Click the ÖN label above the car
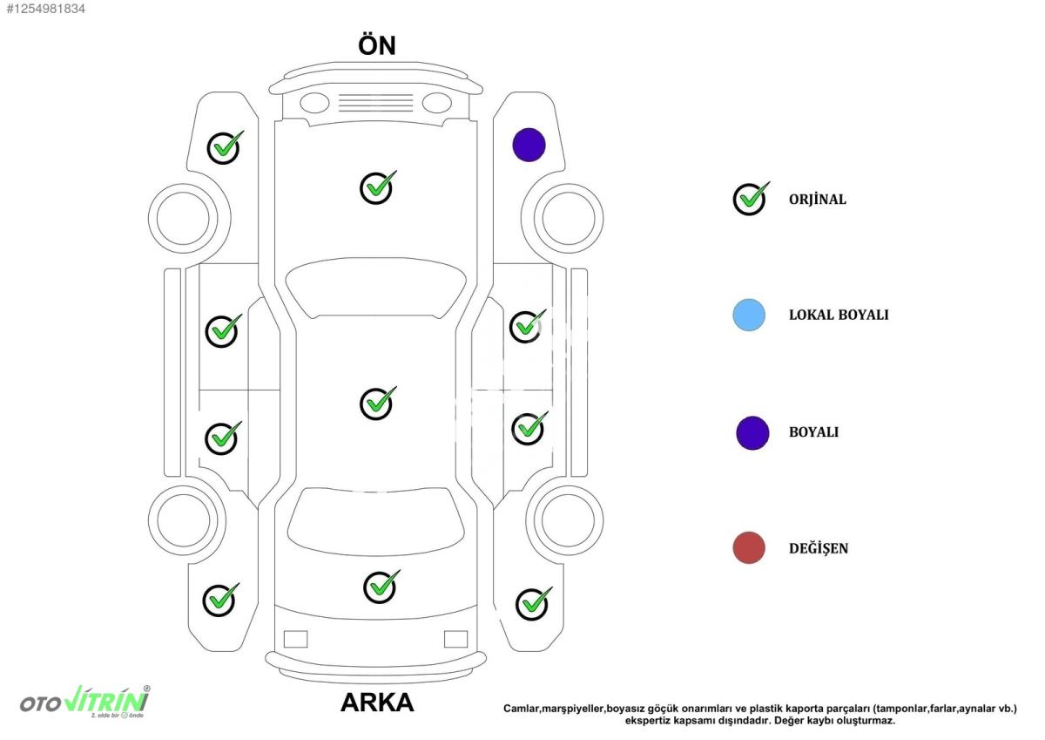point(377,44)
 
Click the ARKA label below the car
point(377,703)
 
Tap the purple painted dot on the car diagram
point(529,145)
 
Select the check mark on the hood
point(377,187)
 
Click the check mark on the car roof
point(377,403)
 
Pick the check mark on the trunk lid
point(381,587)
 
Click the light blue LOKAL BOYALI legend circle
point(749,316)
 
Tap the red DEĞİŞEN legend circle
point(749,547)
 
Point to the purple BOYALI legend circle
point(752,433)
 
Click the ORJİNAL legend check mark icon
point(751,199)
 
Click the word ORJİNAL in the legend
point(818,200)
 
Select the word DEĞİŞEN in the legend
point(819,547)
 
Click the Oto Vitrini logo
point(85,703)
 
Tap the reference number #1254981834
point(45,9)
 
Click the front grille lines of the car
point(375,103)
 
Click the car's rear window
point(375,521)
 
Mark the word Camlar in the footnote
point(521,709)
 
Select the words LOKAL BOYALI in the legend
point(839,316)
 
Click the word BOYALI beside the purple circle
point(813,432)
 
